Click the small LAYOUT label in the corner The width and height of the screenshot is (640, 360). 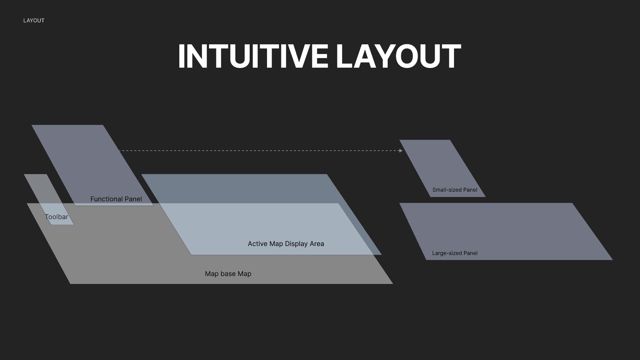[x=34, y=21]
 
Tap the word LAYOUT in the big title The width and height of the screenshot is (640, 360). [x=398, y=57]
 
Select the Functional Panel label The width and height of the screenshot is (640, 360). [x=116, y=199]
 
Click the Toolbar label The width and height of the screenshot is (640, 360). [x=56, y=217]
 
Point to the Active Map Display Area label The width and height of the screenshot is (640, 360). [x=286, y=244]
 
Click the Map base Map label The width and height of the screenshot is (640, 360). [x=228, y=274]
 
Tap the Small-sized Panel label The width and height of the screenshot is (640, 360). [x=455, y=190]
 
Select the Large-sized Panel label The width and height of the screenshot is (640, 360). [x=455, y=253]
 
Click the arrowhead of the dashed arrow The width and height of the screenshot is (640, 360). [x=401, y=151]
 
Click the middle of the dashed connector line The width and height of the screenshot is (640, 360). [x=260, y=151]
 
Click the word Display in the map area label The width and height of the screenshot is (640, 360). [x=297, y=244]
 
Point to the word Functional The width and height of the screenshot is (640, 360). [x=106, y=199]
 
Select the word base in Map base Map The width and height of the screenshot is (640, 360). [x=228, y=274]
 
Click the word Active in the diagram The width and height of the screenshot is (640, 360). [x=257, y=244]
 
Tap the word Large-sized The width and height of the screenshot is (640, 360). [x=447, y=253]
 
